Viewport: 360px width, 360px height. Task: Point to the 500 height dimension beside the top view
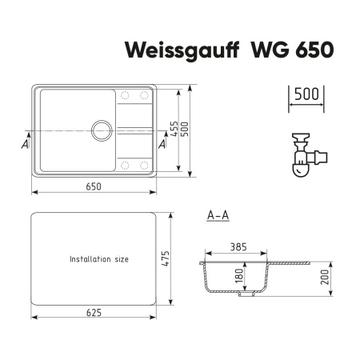tap(187, 128)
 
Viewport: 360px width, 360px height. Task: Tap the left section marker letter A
tap(26, 145)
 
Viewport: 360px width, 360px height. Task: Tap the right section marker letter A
tap(163, 145)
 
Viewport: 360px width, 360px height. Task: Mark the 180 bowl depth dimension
tap(237, 277)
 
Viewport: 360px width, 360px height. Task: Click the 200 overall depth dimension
tap(326, 277)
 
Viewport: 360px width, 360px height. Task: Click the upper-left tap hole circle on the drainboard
tap(124, 95)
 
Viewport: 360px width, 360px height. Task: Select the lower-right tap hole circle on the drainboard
tap(145, 166)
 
